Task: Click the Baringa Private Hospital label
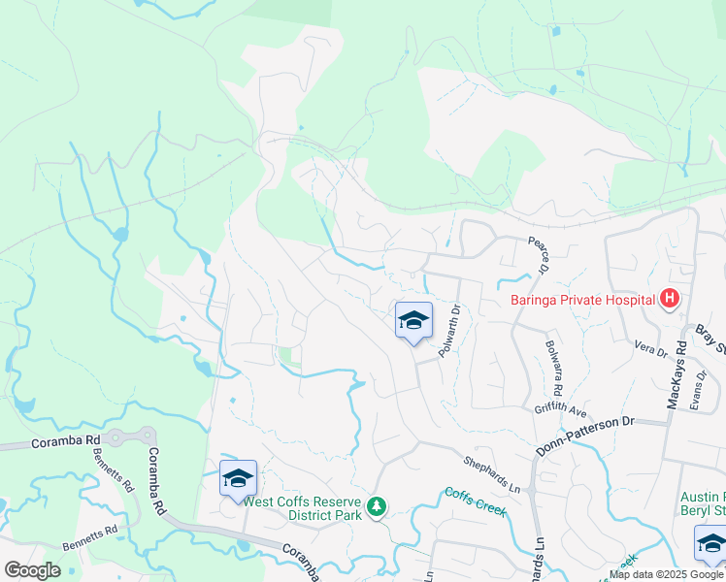coord(582,300)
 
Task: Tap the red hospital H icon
coord(668,300)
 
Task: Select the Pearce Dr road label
coord(540,255)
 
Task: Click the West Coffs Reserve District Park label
coord(302,508)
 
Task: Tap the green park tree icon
coord(376,506)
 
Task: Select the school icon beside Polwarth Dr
coord(413,321)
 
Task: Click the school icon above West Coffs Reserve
coord(238,478)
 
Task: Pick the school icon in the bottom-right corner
coord(710,542)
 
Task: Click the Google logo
coord(32,570)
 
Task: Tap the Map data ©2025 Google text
coord(665,574)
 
